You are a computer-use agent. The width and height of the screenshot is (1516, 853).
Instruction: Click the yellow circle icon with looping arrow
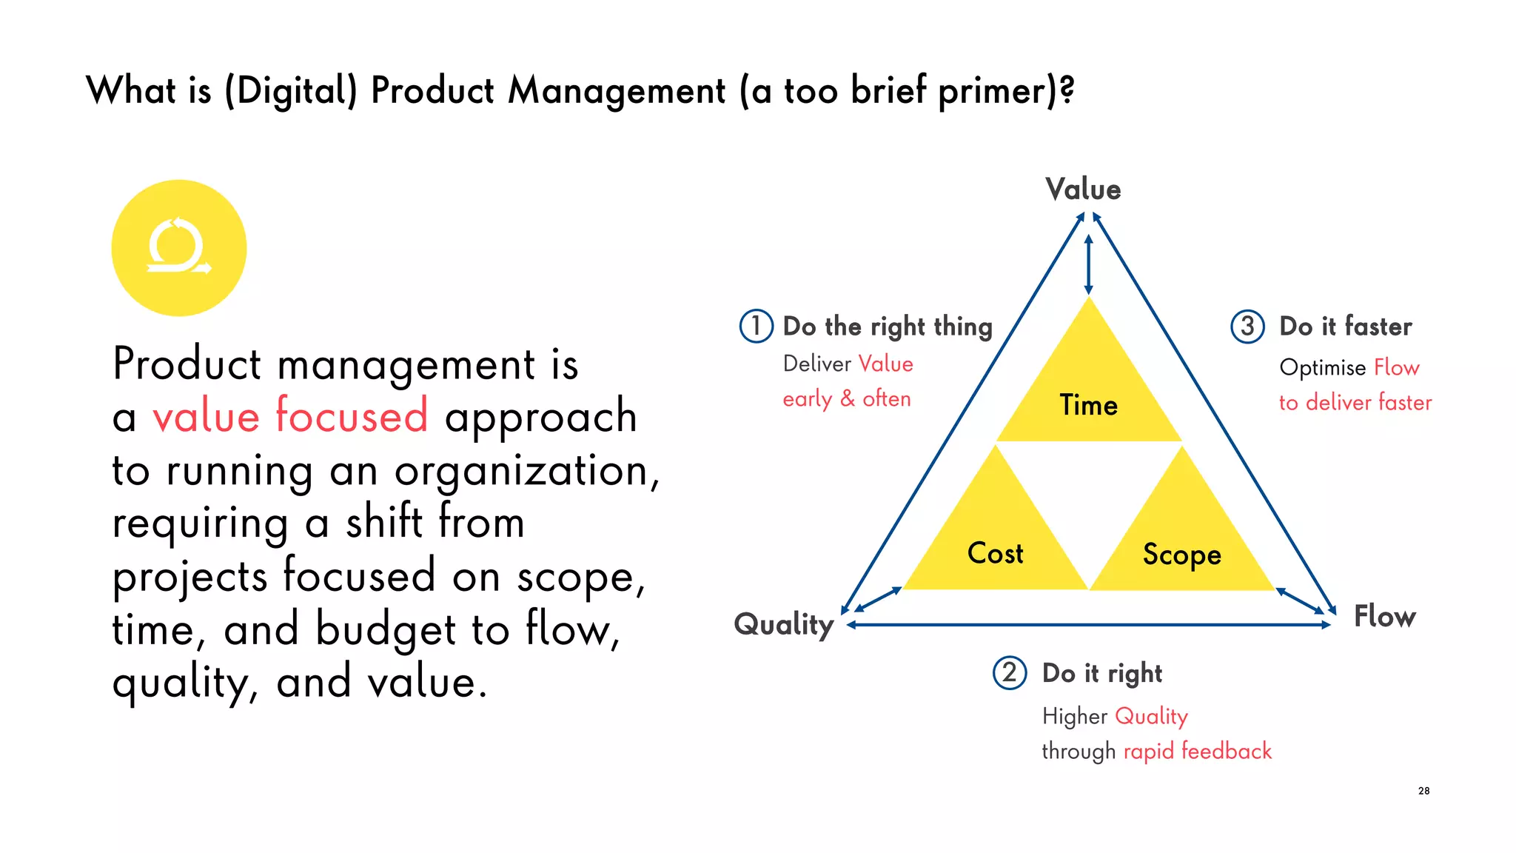click(178, 247)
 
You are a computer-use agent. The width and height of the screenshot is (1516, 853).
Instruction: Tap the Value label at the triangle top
click(1083, 190)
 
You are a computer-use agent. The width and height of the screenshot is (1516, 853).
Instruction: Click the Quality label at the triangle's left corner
click(784, 624)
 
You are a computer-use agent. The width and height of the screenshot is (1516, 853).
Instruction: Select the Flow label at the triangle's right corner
click(1384, 616)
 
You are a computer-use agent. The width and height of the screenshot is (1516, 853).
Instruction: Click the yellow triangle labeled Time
click(1088, 392)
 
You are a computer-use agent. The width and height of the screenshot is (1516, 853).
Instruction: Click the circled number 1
click(756, 326)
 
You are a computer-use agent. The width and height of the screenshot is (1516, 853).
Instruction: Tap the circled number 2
click(1009, 673)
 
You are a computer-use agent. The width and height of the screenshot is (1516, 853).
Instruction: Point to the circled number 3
click(1247, 326)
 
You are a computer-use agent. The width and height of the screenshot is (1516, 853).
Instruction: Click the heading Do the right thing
click(887, 327)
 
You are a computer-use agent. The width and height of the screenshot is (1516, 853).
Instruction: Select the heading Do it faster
click(1345, 327)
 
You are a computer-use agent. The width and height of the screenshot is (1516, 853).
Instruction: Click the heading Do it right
click(1101, 673)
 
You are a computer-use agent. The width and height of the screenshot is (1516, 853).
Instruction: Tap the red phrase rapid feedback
click(1197, 751)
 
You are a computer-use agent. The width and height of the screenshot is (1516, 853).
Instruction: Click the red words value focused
click(290, 415)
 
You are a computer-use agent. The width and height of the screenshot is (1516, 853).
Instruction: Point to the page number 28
click(1423, 791)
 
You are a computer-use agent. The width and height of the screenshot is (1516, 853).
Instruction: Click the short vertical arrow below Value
click(1088, 264)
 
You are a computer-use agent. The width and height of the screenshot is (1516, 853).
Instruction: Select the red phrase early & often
click(846, 398)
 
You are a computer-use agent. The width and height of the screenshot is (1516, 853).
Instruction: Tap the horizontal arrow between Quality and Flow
click(1088, 625)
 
